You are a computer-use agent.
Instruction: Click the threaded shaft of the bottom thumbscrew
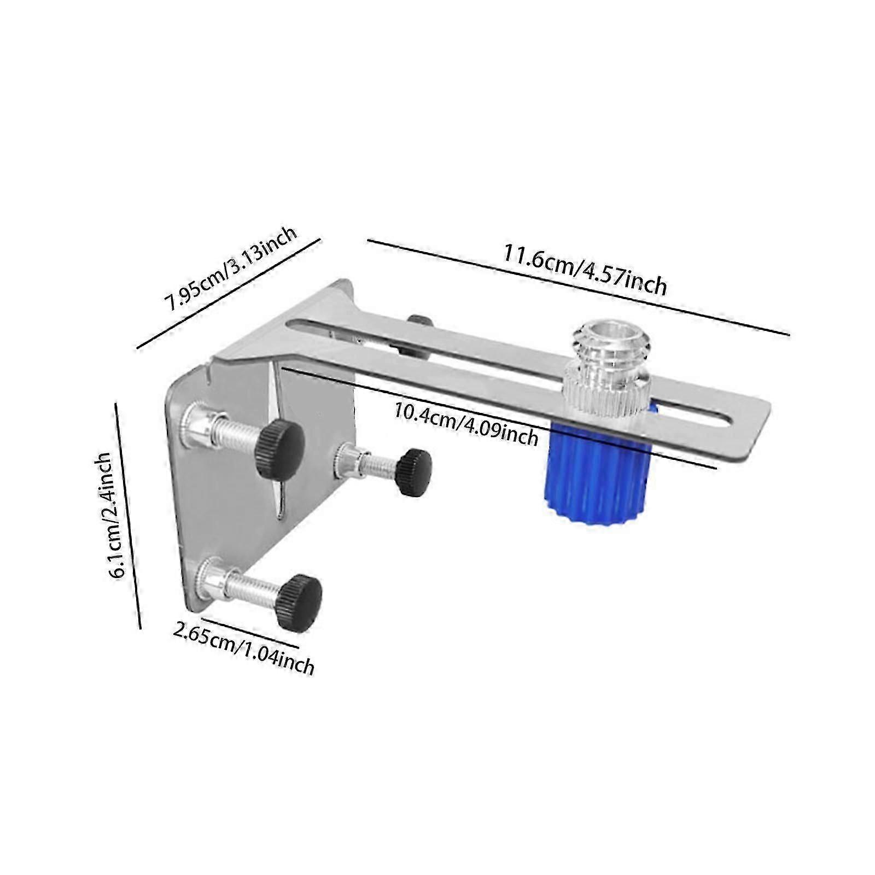(252, 583)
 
